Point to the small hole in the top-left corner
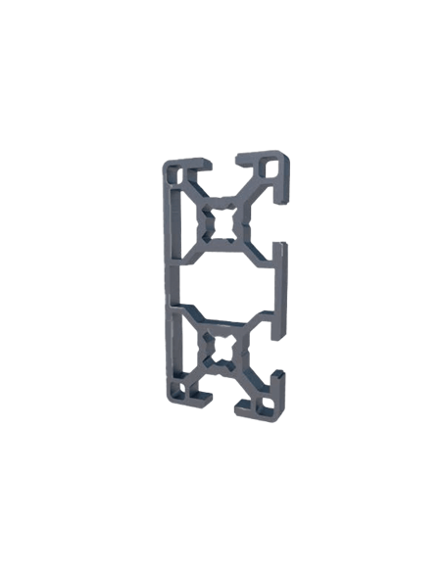click(175, 175)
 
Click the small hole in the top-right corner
click(270, 167)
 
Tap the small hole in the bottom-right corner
click(266, 403)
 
